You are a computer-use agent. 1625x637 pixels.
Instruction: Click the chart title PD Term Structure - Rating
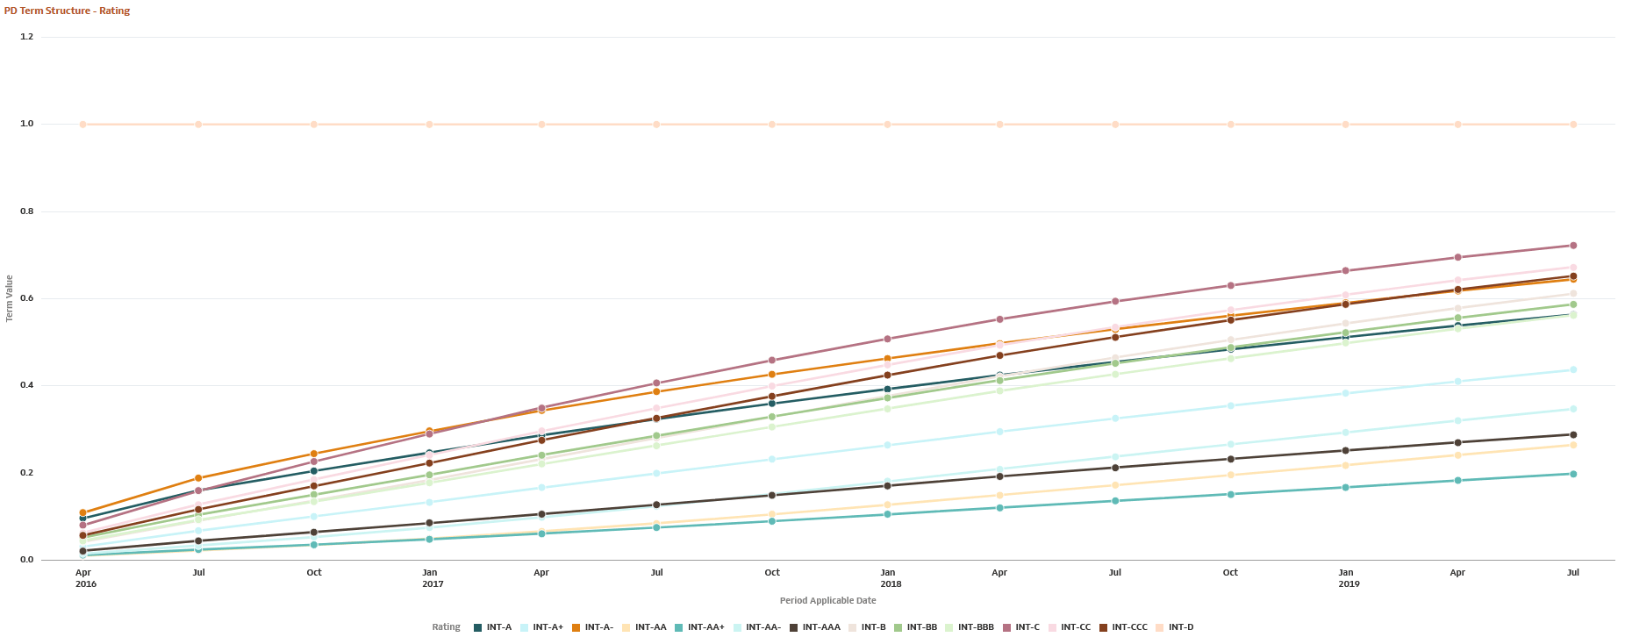click(x=67, y=11)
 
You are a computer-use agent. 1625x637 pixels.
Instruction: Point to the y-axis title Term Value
click(x=10, y=298)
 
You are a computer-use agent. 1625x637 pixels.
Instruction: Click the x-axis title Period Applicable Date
click(x=827, y=600)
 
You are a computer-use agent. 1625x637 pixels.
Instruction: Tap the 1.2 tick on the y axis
click(x=26, y=37)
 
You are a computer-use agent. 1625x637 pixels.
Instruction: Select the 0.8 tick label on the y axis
click(x=26, y=211)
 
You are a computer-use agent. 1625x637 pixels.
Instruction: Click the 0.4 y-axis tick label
click(x=26, y=385)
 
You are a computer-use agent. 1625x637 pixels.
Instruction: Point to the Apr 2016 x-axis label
click(x=85, y=577)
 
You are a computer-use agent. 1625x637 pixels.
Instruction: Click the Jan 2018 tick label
click(x=890, y=577)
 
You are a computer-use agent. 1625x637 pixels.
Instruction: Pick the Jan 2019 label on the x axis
click(x=1348, y=577)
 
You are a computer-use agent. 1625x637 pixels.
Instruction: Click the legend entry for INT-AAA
click(x=820, y=627)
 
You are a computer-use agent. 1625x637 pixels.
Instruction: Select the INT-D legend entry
click(x=1180, y=627)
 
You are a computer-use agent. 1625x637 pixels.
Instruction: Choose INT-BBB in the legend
click(x=976, y=627)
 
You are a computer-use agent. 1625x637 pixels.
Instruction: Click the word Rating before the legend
click(x=446, y=627)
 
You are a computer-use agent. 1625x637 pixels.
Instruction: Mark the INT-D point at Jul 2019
click(x=1573, y=125)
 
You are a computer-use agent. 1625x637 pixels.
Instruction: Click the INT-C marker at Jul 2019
click(x=1573, y=246)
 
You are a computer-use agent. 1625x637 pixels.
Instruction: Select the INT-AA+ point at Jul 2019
click(x=1573, y=474)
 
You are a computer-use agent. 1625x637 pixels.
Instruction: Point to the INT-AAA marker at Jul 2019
click(x=1573, y=434)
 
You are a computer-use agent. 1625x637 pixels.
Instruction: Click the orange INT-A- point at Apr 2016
click(x=83, y=512)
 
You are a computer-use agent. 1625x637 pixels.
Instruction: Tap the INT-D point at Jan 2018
click(x=888, y=125)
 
